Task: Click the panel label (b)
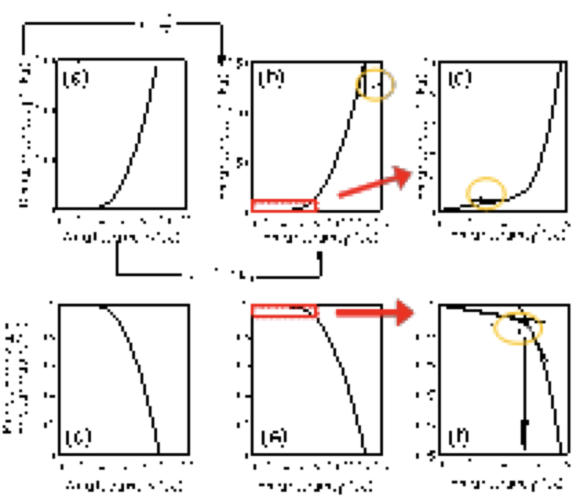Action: (x=269, y=76)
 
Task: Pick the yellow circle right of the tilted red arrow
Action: (x=486, y=193)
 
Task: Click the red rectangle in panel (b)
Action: (x=284, y=205)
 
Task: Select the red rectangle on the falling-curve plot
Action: (x=284, y=311)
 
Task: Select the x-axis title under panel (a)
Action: (x=123, y=238)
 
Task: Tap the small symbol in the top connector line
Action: (x=166, y=26)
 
